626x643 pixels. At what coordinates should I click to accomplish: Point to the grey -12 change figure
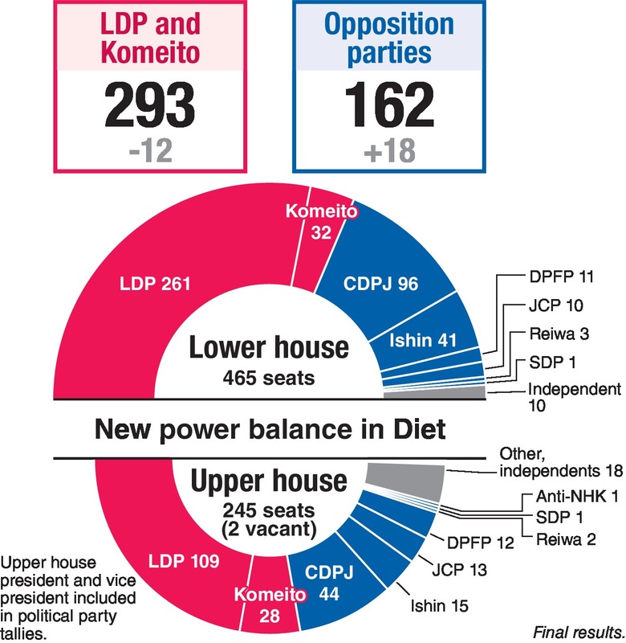148,149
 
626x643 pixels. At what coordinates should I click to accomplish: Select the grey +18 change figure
389,149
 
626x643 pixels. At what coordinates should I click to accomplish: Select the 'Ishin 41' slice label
424,339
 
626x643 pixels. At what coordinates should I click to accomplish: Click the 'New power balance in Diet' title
269,428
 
